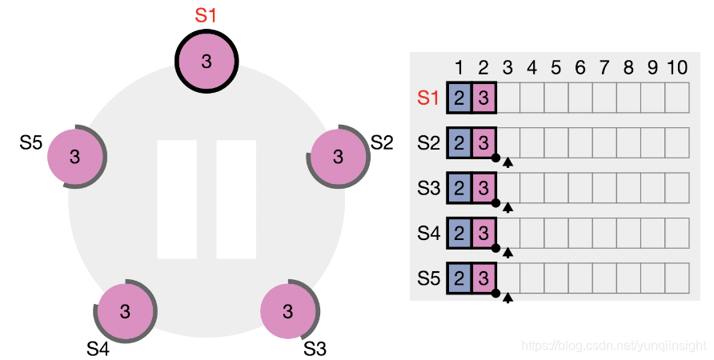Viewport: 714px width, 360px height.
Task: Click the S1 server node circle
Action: tap(207, 62)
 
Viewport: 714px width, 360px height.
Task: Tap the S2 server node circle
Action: tap(337, 156)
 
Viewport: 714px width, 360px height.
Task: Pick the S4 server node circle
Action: tap(125, 310)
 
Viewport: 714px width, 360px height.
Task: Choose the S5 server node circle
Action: tap(75, 156)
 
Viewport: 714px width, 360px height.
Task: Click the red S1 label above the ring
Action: tap(207, 15)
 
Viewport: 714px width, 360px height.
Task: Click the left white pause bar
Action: tap(177, 199)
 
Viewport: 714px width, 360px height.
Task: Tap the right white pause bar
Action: tap(236, 199)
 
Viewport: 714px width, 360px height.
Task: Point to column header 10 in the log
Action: tap(676, 69)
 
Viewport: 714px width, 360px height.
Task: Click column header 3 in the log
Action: tap(508, 69)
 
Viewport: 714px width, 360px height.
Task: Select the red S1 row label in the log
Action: tap(429, 98)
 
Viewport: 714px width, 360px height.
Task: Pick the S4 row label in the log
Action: tap(429, 234)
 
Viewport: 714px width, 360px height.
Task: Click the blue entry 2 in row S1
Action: tap(459, 98)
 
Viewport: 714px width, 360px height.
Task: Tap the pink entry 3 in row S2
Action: tap(483, 144)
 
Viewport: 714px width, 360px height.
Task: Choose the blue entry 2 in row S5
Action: tap(459, 278)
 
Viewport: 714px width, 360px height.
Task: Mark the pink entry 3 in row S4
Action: tap(483, 234)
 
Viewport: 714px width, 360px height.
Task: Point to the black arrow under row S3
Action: tap(507, 208)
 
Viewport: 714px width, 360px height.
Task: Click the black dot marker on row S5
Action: tap(496, 294)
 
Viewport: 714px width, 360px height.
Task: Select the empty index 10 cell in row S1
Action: tap(676, 98)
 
